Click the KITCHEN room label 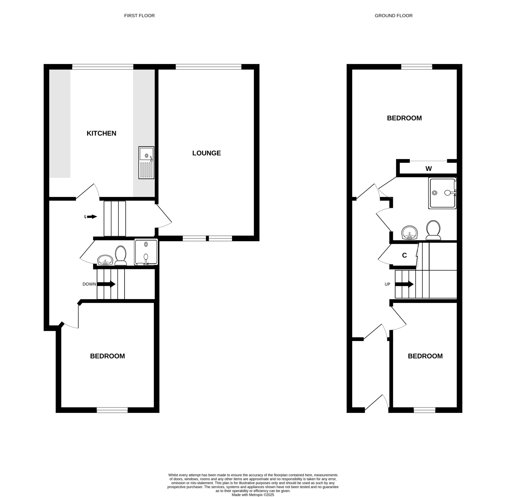pyautogui.click(x=101, y=133)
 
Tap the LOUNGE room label pyautogui.click(x=206, y=153)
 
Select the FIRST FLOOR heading pyautogui.click(x=139, y=16)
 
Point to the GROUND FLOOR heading pyautogui.click(x=393, y=16)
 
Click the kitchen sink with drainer pyautogui.click(x=146, y=163)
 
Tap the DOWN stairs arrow pyautogui.click(x=106, y=284)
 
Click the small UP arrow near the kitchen pyautogui.click(x=92, y=217)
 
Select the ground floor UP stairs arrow pyautogui.click(x=404, y=284)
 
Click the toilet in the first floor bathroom pyautogui.click(x=121, y=256)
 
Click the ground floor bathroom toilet pyautogui.click(x=433, y=230)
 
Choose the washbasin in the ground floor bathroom pyautogui.click(x=410, y=233)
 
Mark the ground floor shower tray pyautogui.click(x=442, y=193)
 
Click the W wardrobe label pyautogui.click(x=429, y=169)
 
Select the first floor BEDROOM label pyautogui.click(x=108, y=356)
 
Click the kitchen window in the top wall pyautogui.click(x=103, y=67)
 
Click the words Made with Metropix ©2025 pyautogui.click(x=253, y=495)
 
